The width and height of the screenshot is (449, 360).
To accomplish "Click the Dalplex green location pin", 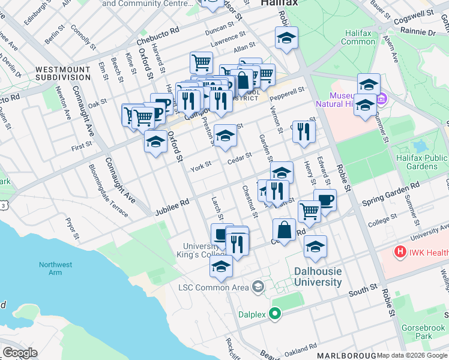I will point(276,313).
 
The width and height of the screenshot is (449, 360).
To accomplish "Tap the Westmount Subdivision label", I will point(62,73).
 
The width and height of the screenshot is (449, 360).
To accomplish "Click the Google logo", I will point(20,353).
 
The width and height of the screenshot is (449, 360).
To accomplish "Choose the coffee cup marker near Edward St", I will point(325,200).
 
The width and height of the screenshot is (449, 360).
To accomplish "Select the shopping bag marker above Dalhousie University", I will point(284,230).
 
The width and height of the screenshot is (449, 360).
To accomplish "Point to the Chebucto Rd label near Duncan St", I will point(158,36).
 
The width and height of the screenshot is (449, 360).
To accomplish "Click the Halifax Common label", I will point(358,37).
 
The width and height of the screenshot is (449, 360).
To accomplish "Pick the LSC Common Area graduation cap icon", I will point(258,287).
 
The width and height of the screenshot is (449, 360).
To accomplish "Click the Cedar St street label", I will point(239,158).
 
